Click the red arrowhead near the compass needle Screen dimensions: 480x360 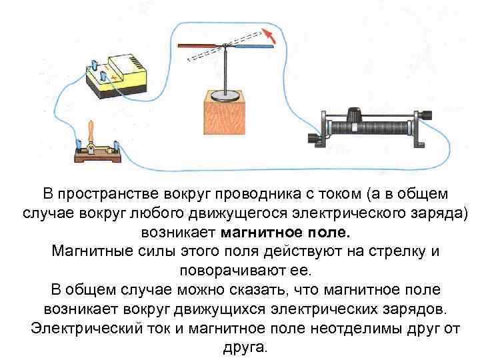[x=268, y=33]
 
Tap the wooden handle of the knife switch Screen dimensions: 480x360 [x=93, y=130]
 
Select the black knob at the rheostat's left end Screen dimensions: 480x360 [x=313, y=138]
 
